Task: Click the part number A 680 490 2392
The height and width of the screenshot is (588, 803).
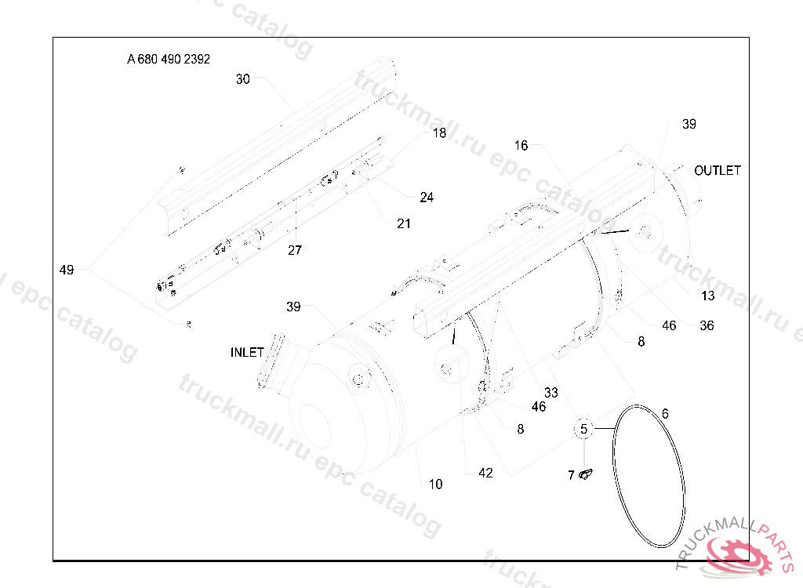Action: [169, 59]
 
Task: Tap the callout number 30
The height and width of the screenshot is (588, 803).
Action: [243, 79]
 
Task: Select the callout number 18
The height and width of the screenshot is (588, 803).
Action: [439, 133]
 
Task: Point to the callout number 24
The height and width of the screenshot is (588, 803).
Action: [427, 198]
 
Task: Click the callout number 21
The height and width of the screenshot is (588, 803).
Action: [404, 223]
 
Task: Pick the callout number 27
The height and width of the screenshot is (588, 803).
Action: [295, 251]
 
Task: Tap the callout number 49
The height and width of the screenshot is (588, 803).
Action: [67, 270]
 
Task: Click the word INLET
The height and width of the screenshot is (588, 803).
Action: [247, 353]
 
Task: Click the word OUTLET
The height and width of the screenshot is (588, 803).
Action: [717, 170]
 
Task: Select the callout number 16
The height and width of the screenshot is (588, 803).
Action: [521, 146]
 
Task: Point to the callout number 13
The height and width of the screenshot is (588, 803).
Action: [708, 296]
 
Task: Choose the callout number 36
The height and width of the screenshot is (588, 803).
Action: [707, 325]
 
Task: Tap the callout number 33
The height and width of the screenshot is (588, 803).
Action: [551, 393]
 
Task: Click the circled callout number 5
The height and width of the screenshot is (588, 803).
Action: [583, 429]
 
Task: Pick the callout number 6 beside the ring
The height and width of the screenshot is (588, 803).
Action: [665, 414]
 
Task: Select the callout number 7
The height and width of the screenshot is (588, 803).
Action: [571, 475]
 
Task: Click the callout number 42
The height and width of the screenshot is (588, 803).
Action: [486, 473]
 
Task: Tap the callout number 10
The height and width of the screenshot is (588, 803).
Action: [436, 485]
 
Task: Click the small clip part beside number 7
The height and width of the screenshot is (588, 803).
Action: [586, 474]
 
